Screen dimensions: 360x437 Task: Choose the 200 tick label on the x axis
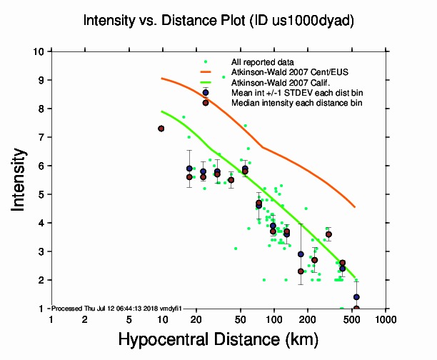click(307, 319)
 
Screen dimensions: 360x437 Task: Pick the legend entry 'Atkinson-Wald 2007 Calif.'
click(279, 83)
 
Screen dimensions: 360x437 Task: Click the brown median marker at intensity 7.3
click(161, 129)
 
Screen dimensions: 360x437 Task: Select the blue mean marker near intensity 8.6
click(206, 92)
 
